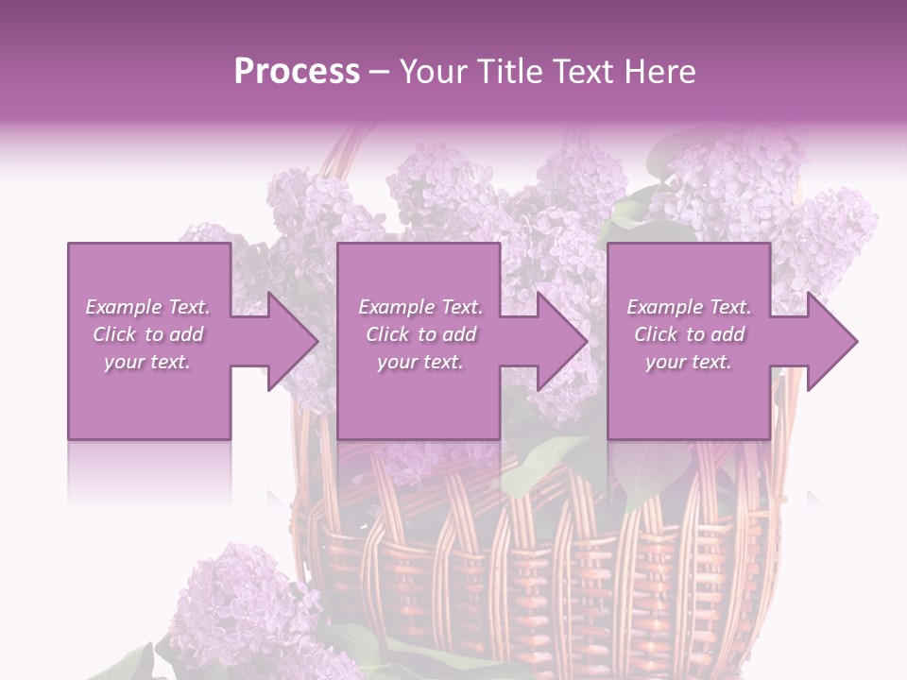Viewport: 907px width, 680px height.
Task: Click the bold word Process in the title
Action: tap(297, 72)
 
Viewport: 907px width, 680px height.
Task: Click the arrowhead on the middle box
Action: tap(556, 341)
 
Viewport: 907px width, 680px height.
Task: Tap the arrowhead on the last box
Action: tap(826, 341)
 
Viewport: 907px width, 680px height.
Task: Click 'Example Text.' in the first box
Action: tap(147, 307)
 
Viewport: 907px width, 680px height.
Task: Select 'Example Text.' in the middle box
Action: tap(419, 307)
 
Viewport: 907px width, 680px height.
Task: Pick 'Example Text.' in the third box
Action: tap(689, 307)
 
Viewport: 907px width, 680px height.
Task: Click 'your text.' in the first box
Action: tap(147, 362)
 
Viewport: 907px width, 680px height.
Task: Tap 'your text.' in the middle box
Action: tap(419, 362)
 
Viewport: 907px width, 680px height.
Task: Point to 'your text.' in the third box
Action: tap(689, 362)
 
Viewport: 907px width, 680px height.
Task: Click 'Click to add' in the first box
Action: tap(147, 334)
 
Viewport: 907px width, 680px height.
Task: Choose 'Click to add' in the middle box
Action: tap(419, 334)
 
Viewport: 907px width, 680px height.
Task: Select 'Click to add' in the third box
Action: tap(689, 334)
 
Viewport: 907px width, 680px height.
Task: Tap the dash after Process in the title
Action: tap(379, 72)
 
